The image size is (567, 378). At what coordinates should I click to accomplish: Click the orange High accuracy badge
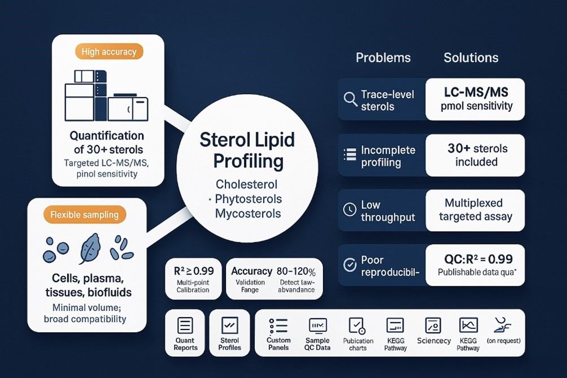point(109,52)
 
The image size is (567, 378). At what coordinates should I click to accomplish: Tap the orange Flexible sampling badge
point(85,215)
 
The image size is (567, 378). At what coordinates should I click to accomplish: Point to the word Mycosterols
point(248,214)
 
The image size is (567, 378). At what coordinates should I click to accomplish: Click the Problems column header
point(383,58)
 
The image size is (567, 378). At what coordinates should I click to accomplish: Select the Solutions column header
point(471,58)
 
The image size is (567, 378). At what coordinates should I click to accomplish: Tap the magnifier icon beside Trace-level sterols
point(350,99)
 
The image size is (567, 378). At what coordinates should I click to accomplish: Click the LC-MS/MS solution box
point(475,99)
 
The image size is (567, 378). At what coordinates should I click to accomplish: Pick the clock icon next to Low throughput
point(350,210)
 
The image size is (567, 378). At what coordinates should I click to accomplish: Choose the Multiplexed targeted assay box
point(475,210)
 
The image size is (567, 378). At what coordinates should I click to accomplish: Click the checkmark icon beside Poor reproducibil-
point(350,264)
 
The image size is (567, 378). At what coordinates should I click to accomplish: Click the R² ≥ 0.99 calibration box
point(193,279)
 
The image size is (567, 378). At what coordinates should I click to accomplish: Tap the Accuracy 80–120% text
point(273,271)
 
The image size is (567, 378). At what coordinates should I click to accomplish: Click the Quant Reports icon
point(185,325)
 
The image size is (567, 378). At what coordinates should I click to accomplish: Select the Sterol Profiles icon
point(229,325)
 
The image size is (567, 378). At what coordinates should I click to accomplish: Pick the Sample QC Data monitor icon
point(317,325)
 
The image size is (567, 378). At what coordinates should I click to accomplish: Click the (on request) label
point(503,341)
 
